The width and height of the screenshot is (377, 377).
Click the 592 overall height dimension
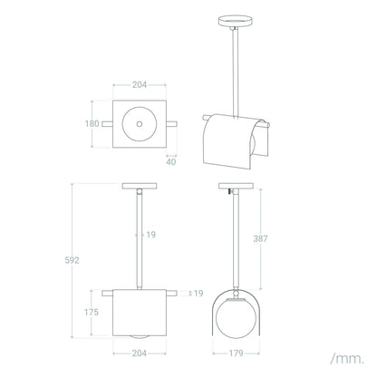[72, 260]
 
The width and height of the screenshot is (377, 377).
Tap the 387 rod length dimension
[260, 238]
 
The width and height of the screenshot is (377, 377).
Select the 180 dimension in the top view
[92, 123]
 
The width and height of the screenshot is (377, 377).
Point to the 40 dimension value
[171, 162]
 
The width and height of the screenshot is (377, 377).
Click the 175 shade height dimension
[92, 312]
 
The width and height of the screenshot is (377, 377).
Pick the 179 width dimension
[236, 353]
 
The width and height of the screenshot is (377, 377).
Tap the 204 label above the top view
[140, 85]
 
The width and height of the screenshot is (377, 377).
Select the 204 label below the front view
[140, 353]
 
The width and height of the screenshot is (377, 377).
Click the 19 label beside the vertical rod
[151, 235]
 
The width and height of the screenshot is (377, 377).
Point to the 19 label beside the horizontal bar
[198, 294]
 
